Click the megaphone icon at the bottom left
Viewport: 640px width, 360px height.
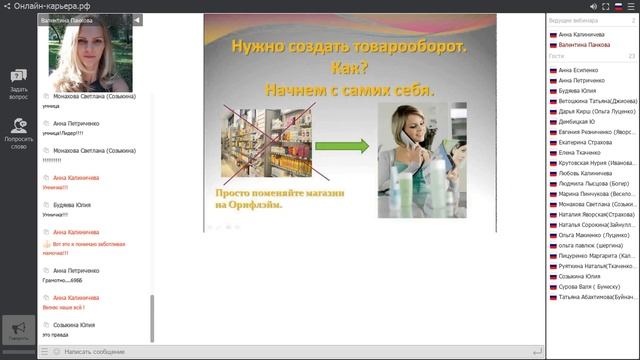pos(18,329)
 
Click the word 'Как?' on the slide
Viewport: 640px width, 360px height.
pos(349,68)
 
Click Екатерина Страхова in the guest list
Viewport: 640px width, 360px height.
pos(586,142)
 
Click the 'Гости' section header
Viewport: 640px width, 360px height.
pos(557,57)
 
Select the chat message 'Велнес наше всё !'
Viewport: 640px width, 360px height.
pos(64,308)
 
